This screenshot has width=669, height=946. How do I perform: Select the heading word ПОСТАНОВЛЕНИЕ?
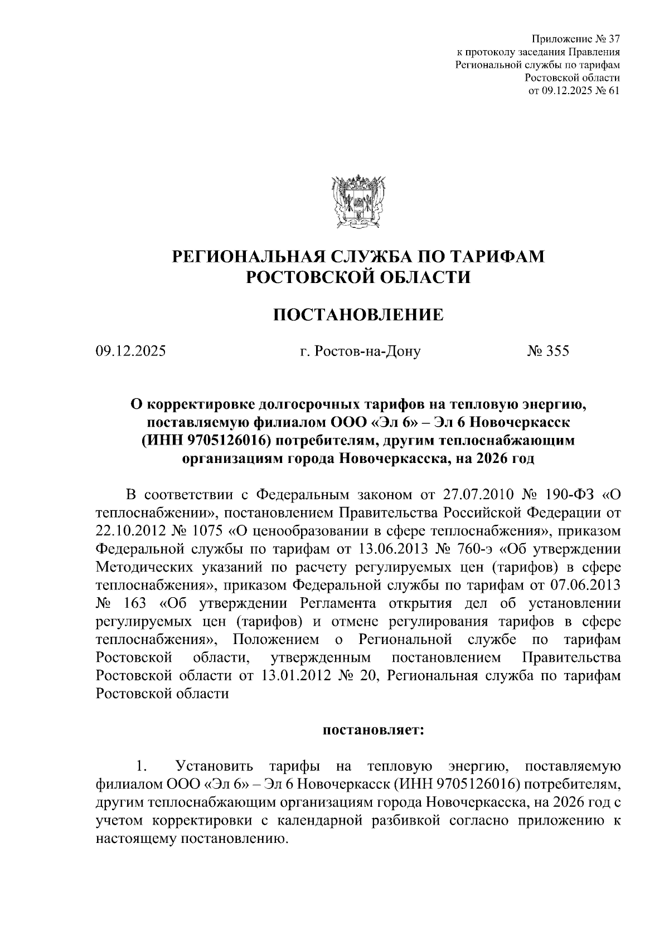pyautogui.click(x=358, y=315)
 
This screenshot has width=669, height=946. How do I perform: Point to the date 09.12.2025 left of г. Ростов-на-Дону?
pyautogui.click(x=130, y=352)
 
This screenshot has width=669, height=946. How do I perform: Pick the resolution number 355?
pyautogui.click(x=557, y=352)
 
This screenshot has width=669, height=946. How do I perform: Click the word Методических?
pyautogui.click(x=143, y=567)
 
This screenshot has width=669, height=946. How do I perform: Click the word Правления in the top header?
pyautogui.click(x=594, y=53)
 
